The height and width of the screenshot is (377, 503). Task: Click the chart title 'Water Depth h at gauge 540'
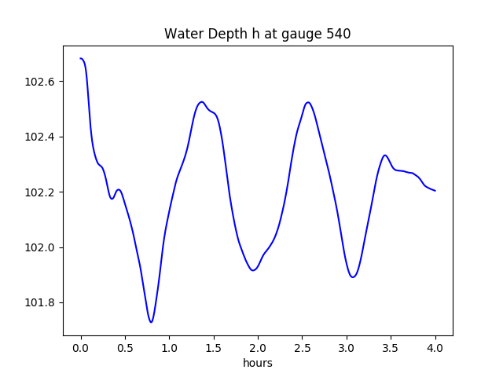(257, 35)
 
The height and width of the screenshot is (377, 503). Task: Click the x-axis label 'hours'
(258, 363)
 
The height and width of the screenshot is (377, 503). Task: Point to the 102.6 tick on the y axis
(40, 82)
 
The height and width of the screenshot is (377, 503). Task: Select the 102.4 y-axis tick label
(40, 137)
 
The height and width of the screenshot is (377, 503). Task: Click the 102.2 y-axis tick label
(40, 192)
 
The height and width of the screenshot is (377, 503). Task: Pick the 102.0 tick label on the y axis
(40, 247)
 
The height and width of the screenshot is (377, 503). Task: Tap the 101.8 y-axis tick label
(40, 303)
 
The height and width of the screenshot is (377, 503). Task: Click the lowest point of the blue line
(151, 322)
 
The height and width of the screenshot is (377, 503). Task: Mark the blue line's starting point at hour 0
(81, 59)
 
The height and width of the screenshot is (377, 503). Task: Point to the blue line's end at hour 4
(435, 191)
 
